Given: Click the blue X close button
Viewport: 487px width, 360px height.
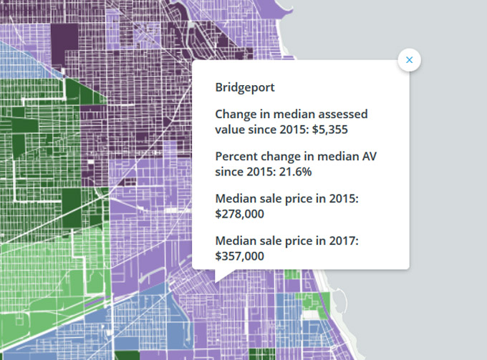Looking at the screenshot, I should (410, 60).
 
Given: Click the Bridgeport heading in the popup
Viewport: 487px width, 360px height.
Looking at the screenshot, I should (245, 87).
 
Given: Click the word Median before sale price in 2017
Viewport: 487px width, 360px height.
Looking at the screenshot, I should (235, 241).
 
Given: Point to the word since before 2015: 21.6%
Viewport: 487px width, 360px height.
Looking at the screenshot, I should (230, 171).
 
